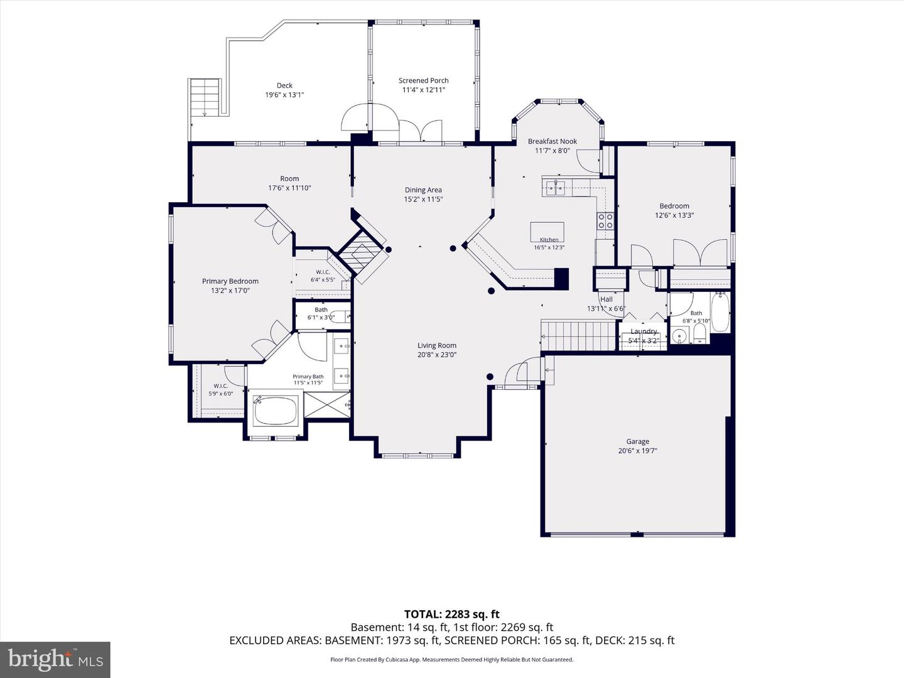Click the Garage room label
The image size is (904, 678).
638,441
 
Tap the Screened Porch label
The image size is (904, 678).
423,81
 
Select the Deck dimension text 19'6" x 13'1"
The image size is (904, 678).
284,95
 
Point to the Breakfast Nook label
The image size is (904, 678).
552,141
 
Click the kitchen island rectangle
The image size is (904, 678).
547,232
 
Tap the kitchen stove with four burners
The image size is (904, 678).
605,220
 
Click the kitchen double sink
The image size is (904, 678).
556,188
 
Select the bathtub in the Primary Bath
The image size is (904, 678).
275,411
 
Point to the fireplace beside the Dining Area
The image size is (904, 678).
362,257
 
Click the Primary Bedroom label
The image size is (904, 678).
230,281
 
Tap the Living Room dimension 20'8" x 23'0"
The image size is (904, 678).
437,355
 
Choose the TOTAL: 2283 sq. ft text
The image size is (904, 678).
452,614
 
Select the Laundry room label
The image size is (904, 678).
643,331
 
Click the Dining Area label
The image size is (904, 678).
423,190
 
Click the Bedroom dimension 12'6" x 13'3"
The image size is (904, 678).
674,215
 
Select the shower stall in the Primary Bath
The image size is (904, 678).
327,405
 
